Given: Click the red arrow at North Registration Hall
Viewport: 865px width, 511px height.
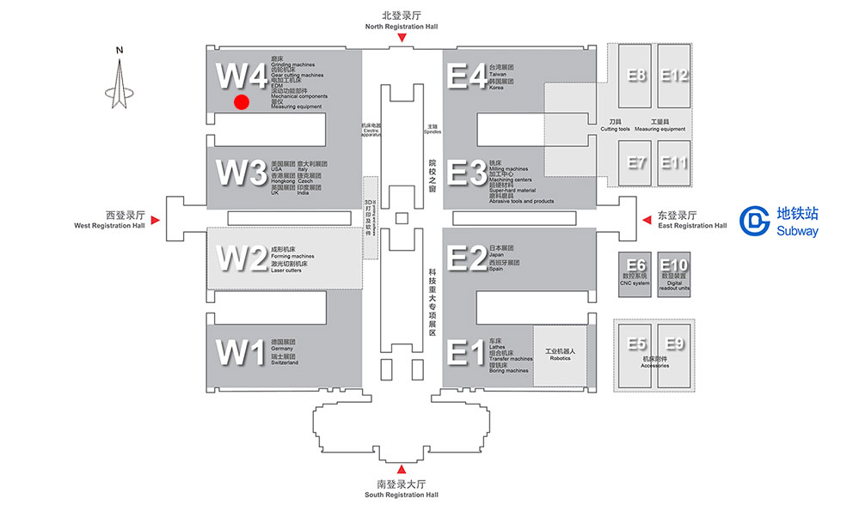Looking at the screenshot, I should coord(402,38).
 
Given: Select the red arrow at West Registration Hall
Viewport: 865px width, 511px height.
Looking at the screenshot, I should coord(156,221).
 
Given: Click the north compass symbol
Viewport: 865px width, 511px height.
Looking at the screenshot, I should coord(120,83).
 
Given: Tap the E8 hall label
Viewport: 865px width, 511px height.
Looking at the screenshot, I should coord(636,76).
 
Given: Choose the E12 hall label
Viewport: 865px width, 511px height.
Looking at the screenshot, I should coord(675,76).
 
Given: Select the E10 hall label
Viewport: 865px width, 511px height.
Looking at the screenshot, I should coord(674,265).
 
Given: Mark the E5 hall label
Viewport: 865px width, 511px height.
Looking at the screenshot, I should coord(636,344).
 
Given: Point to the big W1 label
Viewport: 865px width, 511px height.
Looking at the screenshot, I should coord(242,352).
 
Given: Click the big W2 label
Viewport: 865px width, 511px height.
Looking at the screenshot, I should coord(242,258).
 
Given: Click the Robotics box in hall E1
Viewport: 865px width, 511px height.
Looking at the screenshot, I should coord(560,354).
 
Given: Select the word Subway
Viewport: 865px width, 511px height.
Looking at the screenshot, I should coord(797,231).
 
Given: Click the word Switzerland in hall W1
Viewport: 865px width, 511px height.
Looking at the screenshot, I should coord(285,362).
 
